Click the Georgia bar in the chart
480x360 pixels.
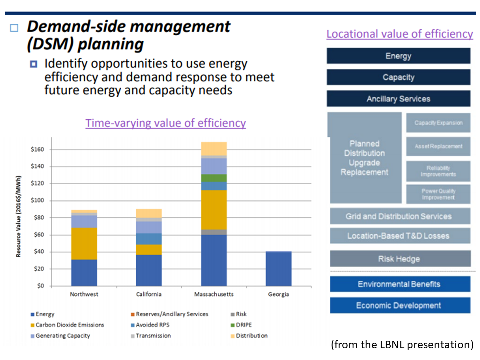pyautogui.click(x=278, y=269)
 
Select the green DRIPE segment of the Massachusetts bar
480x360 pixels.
pyautogui.click(x=214, y=178)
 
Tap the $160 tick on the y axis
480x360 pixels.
pyautogui.click(x=37, y=149)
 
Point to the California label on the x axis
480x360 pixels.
pyautogui.click(x=149, y=294)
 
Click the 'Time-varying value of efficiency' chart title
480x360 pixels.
pyautogui.click(x=165, y=123)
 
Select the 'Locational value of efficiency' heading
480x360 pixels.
pyautogui.click(x=399, y=34)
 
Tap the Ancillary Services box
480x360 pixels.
pyautogui.click(x=398, y=99)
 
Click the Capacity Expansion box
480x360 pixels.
pyautogui.click(x=438, y=123)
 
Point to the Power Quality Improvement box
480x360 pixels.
pyautogui.click(x=438, y=194)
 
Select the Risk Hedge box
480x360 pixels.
pyautogui.click(x=400, y=259)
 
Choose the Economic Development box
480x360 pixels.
pyautogui.click(x=399, y=305)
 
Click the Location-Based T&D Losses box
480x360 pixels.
pyautogui.click(x=399, y=236)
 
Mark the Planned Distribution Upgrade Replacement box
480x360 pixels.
pyautogui.click(x=365, y=158)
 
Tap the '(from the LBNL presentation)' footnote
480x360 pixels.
pyautogui.click(x=402, y=344)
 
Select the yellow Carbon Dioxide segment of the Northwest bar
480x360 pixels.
pyautogui.click(x=84, y=243)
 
